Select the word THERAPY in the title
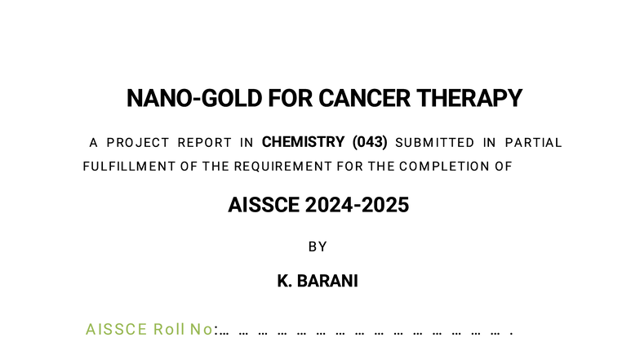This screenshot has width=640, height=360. [x=469, y=99]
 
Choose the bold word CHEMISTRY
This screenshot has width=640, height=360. [x=303, y=142]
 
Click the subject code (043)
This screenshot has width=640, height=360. [x=371, y=142]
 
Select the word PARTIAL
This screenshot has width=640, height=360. [x=534, y=143]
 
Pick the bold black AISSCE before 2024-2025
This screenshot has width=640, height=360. [x=264, y=205]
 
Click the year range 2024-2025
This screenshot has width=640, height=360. [x=358, y=205]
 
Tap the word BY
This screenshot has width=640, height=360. [x=318, y=247]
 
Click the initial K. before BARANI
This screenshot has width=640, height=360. [x=285, y=282]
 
